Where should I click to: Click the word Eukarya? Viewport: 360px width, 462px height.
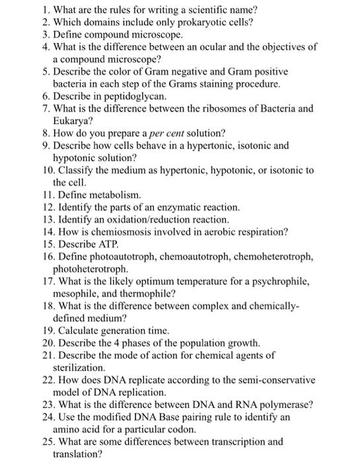pos(72,121)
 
